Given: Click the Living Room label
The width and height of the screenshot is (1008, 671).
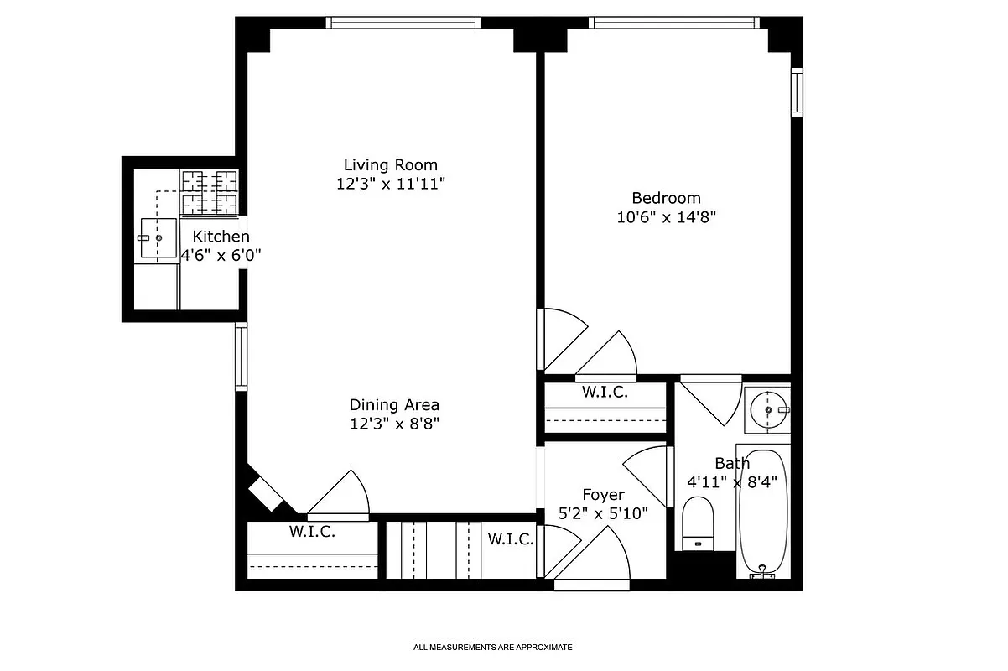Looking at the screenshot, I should coord(390,165).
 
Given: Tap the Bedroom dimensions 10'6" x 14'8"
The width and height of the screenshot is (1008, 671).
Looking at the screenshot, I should coord(666,216).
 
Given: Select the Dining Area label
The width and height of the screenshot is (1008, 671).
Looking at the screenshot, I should coord(394,404).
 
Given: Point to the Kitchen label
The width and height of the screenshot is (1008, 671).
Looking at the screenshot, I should coord(221,237).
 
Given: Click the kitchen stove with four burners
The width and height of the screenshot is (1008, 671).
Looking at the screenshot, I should coord(210,191).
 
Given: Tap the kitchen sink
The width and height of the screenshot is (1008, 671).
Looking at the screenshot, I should coord(158,239).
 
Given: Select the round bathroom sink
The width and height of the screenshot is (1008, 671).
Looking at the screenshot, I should coord(766,409).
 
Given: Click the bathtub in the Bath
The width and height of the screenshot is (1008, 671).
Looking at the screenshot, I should coord(763,512).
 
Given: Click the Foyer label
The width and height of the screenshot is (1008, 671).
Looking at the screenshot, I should coord(603,495).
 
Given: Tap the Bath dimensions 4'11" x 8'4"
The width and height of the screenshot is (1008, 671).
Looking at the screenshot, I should coord(732,481).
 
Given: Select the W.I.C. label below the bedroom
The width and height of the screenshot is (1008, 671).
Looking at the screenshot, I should coord(605,392).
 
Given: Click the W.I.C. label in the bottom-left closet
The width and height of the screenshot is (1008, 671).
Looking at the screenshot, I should coord(312,531).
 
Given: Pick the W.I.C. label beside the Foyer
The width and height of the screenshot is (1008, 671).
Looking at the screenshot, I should coord(511,539).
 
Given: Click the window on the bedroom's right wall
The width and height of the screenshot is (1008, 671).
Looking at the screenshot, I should coord(797,91).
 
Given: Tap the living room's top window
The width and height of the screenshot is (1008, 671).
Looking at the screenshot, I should coord(403,23).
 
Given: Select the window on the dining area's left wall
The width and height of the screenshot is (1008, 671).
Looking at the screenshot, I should coord(241,356).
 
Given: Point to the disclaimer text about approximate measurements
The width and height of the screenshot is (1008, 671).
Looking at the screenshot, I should coord(492,648).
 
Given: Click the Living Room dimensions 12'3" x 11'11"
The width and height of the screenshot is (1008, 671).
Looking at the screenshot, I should coord(390,184).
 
